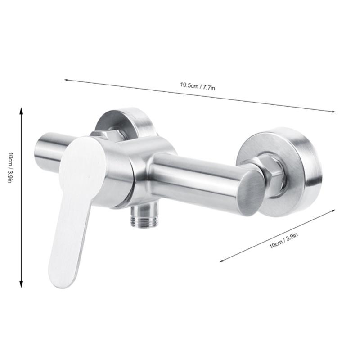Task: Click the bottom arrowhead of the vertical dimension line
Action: (x=21, y=285)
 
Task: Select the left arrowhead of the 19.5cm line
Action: (x=66, y=81)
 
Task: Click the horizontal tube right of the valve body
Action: (x=198, y=175)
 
